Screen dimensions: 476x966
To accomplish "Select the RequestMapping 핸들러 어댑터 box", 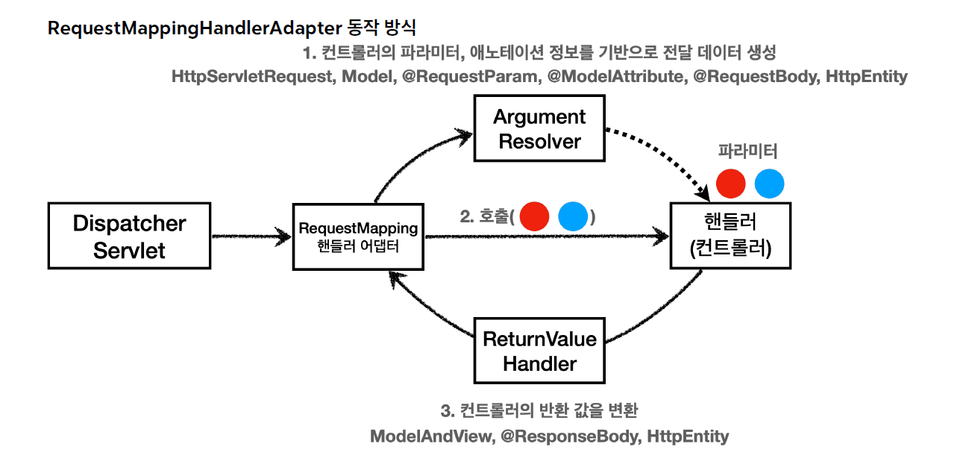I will click(x=358, y=237).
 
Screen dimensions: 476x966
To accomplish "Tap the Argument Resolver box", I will click(x=539, y=128).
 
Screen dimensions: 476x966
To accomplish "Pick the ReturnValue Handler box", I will click(x=539, y=351).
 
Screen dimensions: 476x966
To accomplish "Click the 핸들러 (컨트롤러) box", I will click(x=730, y=235).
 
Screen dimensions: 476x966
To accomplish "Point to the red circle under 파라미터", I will click(x=730, y=184).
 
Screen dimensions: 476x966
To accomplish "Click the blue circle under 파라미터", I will click(x=769, y=184).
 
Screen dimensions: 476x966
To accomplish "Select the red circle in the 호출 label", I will click(x=534, y=216).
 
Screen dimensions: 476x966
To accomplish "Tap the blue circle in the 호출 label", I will click(x=573, y=216).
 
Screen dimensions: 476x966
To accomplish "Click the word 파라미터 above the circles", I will click(x=747, y=151).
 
